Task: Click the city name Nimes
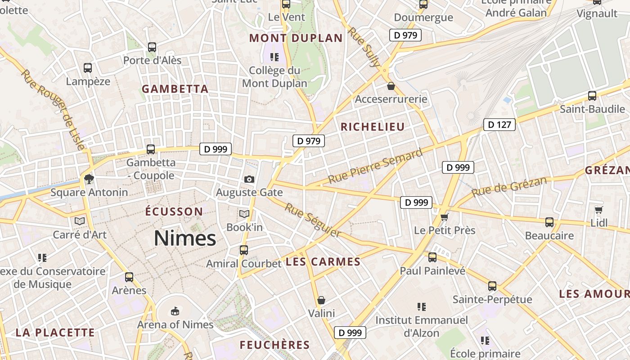(185, 238)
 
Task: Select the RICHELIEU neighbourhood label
(373, 127)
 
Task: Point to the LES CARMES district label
(323, 262)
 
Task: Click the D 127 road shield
(499, 125)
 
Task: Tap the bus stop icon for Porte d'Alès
(152, 47)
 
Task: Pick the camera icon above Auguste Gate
(249, 179)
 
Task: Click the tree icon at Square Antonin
(89, 179)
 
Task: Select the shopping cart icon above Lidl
(598, 210)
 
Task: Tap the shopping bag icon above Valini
(321, 300)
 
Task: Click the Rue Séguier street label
(313, 220)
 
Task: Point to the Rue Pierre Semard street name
(375, 166)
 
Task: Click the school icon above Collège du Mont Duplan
(274, 57)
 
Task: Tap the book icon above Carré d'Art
(80, 221)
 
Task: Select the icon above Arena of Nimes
(175, 311)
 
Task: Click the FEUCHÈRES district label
(274, 345)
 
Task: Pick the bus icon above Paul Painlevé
(432, 257)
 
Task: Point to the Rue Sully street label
(364, 47)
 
